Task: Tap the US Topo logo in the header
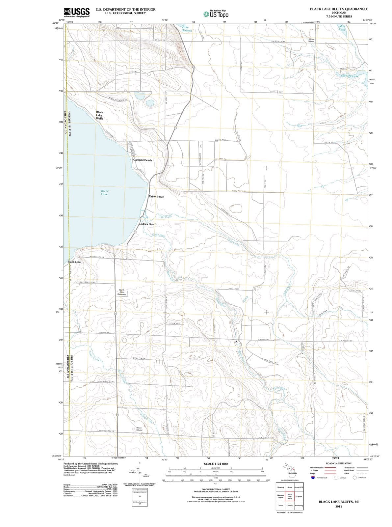tap(216, 14)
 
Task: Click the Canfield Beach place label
tap(143, 160)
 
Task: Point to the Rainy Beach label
tap(156, 197)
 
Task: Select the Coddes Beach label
tap(147, 224)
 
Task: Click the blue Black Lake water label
tap(105, 192)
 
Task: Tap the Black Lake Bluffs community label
tap(99, 115)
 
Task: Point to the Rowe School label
tap(139, 429)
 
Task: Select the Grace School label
tap(311, 40)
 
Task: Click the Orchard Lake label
tap(350, 76)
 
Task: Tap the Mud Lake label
tap(342, 28)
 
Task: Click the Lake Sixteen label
tap(187, 28)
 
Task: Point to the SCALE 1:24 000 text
tap(216, 463)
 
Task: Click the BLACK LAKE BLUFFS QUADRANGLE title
tap(339, 9)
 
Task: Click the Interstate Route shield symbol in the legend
tap(312, 478)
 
